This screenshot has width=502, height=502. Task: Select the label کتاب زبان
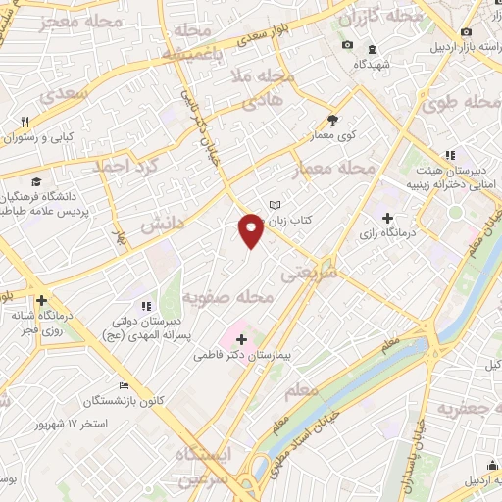pos(305,221)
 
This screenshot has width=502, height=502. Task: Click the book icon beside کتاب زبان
pos(276,206)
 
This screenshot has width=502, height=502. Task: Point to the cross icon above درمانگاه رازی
pos(387,218)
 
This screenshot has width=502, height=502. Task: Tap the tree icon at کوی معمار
pos(333,120)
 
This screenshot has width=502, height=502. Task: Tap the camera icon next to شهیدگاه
pos(346,45)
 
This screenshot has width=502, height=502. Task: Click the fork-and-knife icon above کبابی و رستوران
pos(27,122)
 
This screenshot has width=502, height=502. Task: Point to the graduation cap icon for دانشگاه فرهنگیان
pos(35,181)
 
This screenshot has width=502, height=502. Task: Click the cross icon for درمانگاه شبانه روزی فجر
pos(41,300)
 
